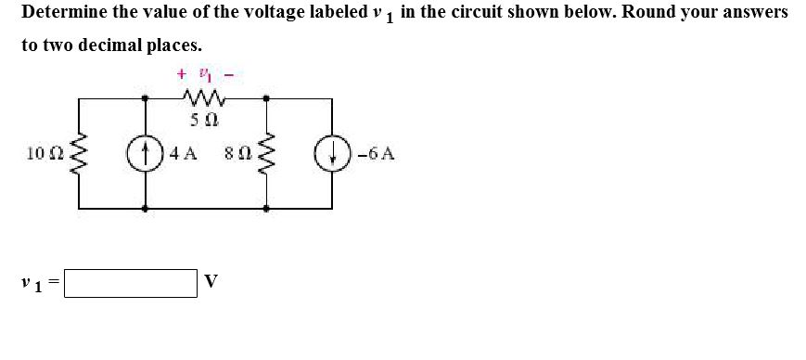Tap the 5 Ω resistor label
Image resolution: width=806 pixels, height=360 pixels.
click(203, 120)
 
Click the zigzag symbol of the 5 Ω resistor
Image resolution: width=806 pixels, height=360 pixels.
click(203, 97)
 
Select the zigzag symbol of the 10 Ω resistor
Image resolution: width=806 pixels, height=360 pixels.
click(80, 154)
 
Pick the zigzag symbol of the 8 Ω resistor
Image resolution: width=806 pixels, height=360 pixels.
click(267, 154)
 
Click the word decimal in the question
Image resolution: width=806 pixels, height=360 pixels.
click(118, 45)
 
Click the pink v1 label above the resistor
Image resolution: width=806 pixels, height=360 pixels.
click(204, 72)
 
